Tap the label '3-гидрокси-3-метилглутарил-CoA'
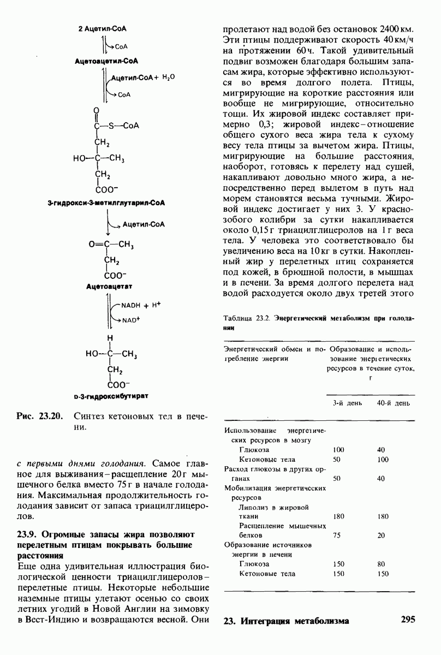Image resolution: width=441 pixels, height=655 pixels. [106, 203]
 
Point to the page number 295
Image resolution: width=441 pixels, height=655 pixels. [408, 620]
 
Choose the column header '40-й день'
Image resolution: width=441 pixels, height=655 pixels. [393, 403]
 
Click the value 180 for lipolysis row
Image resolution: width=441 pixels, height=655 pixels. [338, 516]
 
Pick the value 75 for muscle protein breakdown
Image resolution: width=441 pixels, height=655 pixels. [337, 535]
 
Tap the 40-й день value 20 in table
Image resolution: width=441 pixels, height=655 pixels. [380, 535]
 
